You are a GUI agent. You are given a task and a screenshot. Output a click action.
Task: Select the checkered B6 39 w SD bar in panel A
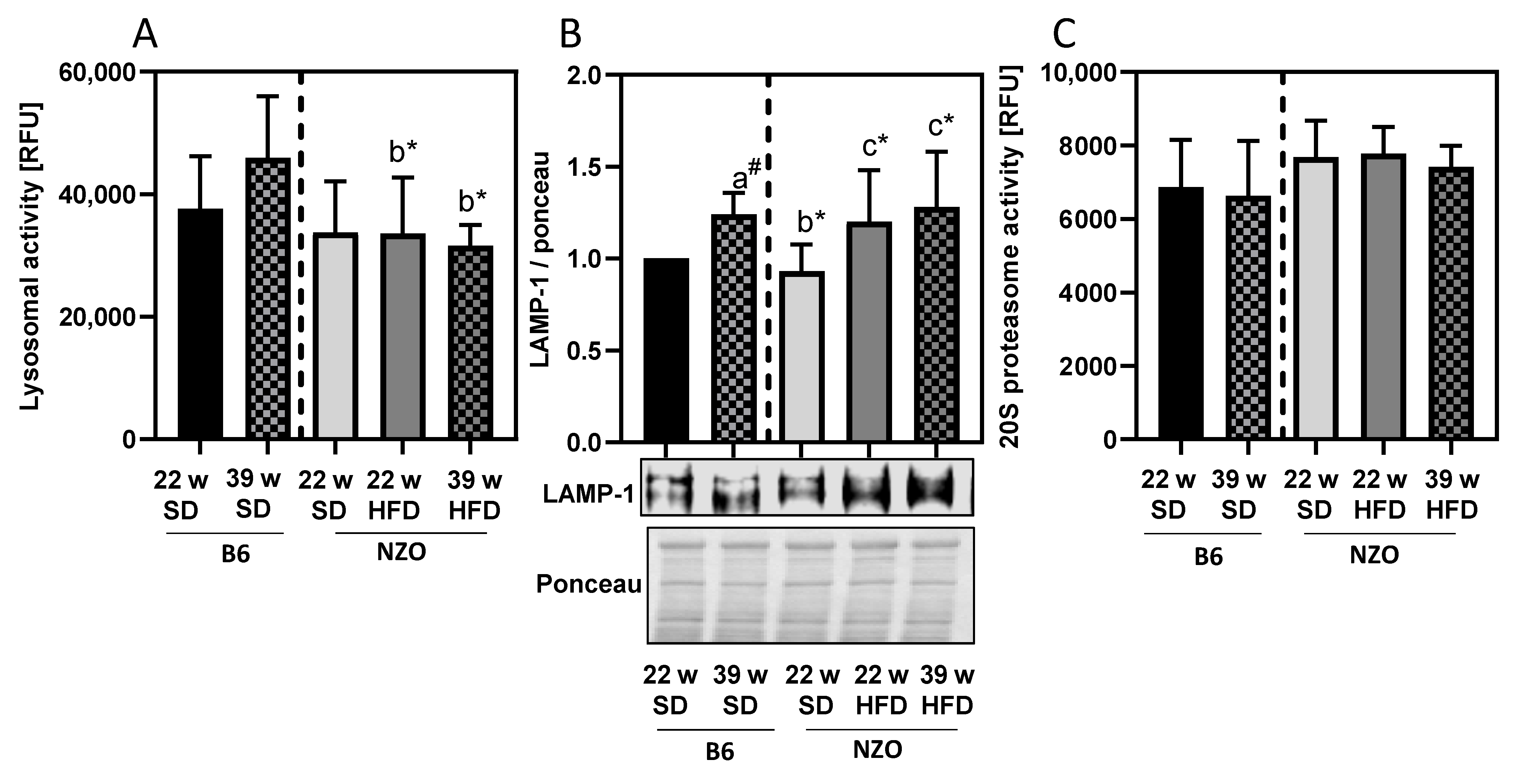pos(268,299)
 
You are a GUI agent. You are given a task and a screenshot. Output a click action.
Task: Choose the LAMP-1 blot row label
pos(588,494)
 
